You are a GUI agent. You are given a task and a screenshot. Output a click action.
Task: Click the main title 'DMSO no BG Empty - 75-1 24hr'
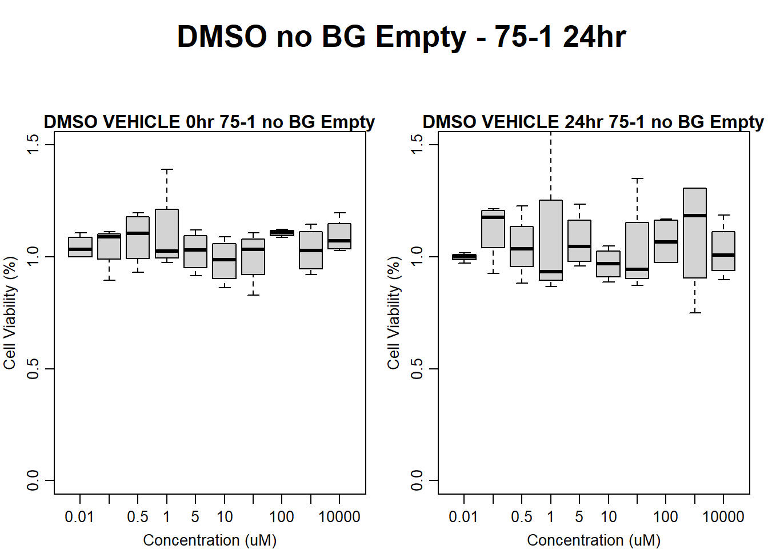pyautogui.click(x=401, y=37)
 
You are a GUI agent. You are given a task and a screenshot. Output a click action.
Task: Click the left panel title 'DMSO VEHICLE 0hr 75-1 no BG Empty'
pyautogui.click(x=209, y=122)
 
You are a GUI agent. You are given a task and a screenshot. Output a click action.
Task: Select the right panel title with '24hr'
pyautogui.click(x=593, y=122)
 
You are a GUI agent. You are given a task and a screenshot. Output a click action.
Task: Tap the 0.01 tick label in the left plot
pyautogui.click(x=79, y=517)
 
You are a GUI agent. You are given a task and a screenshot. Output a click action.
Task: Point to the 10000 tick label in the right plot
pyautogui.click(x=723, y=517)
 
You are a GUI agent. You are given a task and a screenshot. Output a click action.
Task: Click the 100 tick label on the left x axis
pyautogui.click(x=282, y=517)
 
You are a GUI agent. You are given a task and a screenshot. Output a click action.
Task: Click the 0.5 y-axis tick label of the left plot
pyautogui.click(x=33, y=368)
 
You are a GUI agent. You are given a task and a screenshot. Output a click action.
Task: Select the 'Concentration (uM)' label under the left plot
pyautogui.click(x=210, y=540)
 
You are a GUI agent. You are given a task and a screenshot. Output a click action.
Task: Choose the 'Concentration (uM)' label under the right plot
pyautogui.click(x=594, y=540)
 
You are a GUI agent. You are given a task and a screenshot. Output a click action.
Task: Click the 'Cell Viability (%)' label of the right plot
pyautogui.click(x=394, y=312)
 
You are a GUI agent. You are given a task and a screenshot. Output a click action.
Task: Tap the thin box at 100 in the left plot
pyautogui.click(x=282, y=233)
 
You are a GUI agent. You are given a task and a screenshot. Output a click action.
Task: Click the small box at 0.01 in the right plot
pyautogui.click(x=464, y=257)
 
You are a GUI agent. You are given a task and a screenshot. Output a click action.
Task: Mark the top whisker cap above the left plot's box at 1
pyautogui.click(x=167, y=169)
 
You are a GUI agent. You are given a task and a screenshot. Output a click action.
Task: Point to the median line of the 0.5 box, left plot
pyautogui.click(x=138, y=233)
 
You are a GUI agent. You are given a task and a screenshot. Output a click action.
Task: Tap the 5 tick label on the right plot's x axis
pyautogui.click(x=579, y=517)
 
